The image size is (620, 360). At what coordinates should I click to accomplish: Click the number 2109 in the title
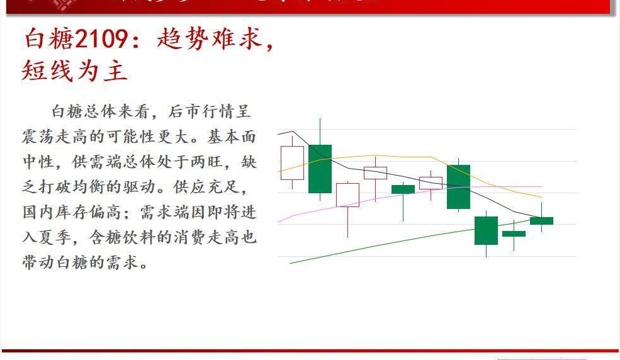tap(102, 40)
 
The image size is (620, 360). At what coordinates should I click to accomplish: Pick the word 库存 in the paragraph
tap(87, 212)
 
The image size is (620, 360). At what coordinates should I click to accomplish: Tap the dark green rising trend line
tap(378, 244)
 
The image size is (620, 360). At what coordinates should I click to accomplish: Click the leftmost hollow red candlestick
tap(292, 163)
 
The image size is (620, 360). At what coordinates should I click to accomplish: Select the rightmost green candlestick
tap(541, 220)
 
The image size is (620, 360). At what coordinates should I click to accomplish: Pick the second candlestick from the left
tap(320, 169)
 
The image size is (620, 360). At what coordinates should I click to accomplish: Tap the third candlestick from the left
tap(347, 194)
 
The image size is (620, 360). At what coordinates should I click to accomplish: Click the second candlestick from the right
tap(514, 233)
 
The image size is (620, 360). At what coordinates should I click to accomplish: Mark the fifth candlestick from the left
tap(403, 189)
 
